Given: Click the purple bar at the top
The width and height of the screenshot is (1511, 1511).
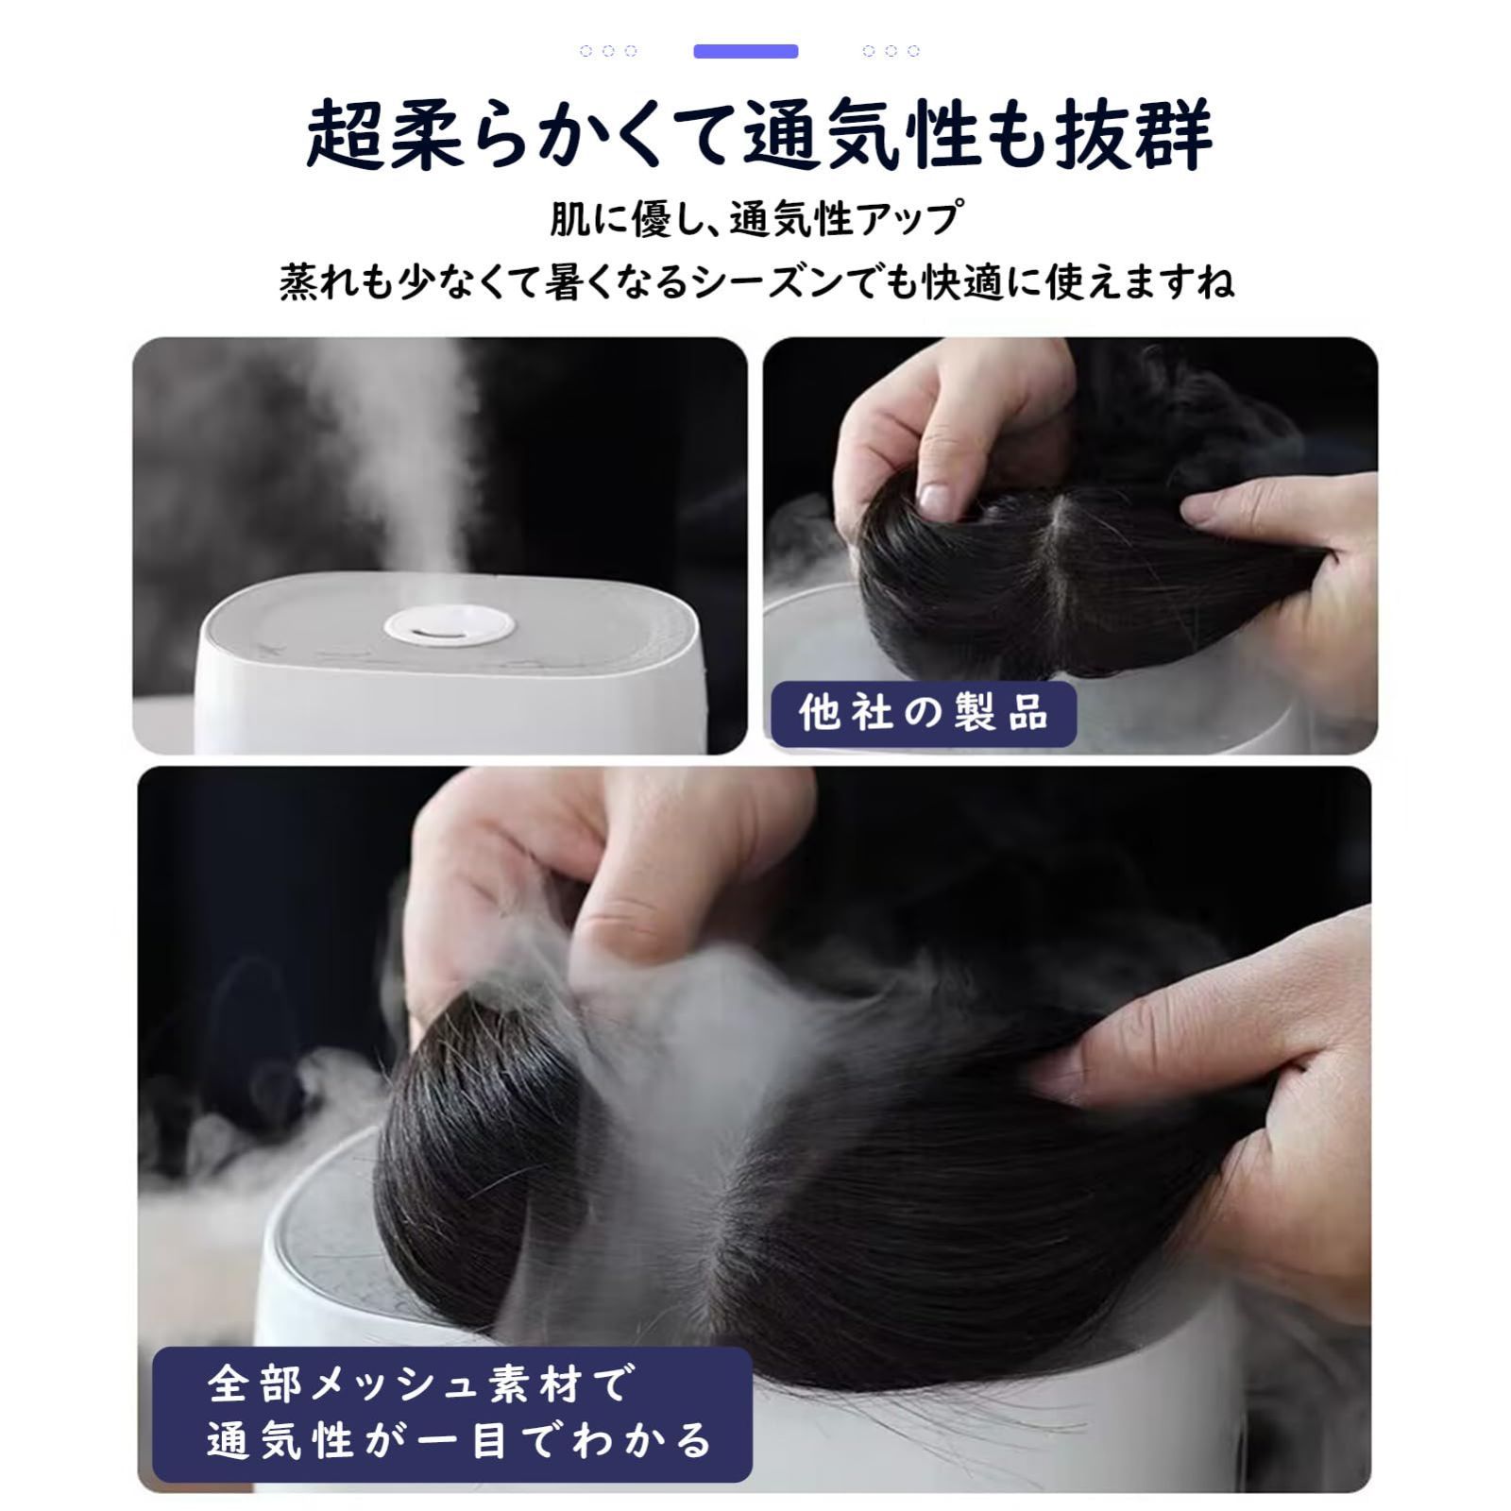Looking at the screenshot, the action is click(746, 51).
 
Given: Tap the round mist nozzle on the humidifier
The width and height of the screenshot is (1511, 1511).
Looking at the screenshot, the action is click(450, 625).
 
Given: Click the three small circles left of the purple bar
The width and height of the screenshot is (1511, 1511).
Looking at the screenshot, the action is click(608, 51).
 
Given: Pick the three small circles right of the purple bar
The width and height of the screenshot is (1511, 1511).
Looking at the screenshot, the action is click(891, 51).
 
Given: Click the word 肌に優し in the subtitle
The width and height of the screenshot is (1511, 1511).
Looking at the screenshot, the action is click(620, 219).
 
